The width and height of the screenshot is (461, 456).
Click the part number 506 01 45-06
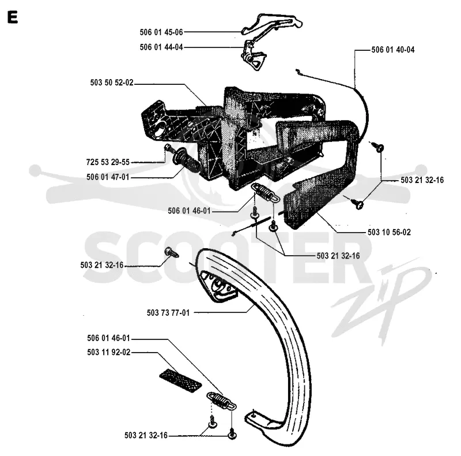pyautogui.click(x=161, y=32)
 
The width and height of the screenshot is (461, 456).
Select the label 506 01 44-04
pyautogui.click(x=161, y=47)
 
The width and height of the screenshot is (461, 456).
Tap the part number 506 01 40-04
pyautogui.click(x=393, y=50)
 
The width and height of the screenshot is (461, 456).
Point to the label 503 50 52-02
pyautogui.click(x=112, y=83)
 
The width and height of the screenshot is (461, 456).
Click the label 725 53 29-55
pyautogui.click(x=108, y=162)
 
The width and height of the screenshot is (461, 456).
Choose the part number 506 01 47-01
pyautogui.click(x=108, y=177)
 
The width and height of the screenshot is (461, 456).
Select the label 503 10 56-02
pyautogui.click(x=389, y=232)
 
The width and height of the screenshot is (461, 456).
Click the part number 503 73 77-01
pyautogui.click(x=168, y=312)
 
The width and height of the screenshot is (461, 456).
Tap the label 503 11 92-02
pyautogui.click(x=108, y=352)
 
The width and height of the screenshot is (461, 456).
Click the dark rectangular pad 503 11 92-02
pyautogui.click(x=180, y=380)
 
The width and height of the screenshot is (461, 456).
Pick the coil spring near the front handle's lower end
pyautogui.click(x=222, y=401)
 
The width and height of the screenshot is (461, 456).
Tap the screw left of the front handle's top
pyautogui.click(x=171, y=252)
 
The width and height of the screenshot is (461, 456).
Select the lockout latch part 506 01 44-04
pyautogui.click(x=254, y=57)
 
